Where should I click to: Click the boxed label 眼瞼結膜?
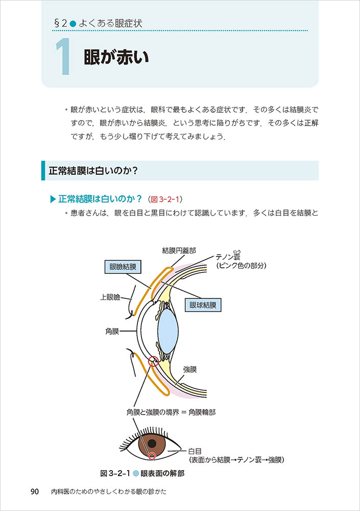pyautogui.click(x=123, y=267)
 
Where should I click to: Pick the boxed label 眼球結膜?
pyautogui.click(x=203, y=306)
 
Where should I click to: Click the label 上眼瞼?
pyautogui.click(x=110, y=296)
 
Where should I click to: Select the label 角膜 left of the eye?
pyautogui.click(x=111, y=331)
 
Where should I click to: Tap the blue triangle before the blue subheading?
pyautogui.click(x=53, y=198)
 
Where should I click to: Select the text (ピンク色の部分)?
pyautogui.click(x=241, y=266)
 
